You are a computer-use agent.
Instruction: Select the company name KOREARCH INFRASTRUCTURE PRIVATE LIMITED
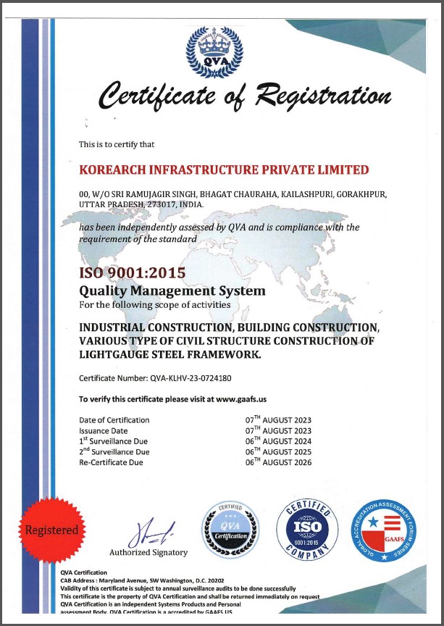(x=224, y=170)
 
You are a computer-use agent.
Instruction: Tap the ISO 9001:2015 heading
(x=132, y=274)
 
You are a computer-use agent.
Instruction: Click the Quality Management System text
(x=172, y=291)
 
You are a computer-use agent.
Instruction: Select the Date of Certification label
(x=114, y=420)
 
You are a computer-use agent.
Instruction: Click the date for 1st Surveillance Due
(x=278, y=441)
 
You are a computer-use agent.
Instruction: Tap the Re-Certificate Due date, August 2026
(x=278, y=462)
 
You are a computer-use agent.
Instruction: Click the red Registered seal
(x=51, y=530)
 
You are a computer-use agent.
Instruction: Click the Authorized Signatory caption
(x=148, y=552)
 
